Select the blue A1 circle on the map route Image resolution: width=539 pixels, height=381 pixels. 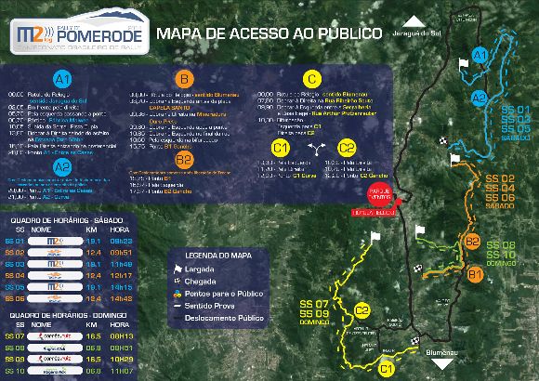[x=480, y=58]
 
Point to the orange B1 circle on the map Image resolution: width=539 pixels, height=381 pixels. [x=474, y=274]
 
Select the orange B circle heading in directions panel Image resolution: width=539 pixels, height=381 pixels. [x=184, y=79]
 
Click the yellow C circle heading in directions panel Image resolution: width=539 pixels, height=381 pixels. [x=312, y=79]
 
